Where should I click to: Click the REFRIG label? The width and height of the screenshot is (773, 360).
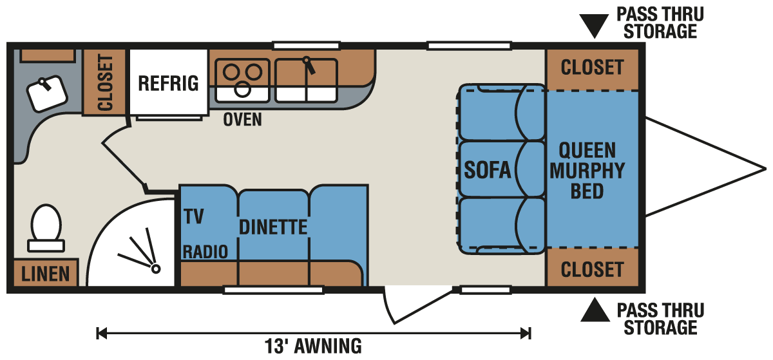168,84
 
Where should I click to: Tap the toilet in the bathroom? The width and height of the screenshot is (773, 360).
46,228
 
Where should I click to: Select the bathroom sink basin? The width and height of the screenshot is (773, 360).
47,93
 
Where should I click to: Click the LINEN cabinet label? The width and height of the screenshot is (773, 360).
45,274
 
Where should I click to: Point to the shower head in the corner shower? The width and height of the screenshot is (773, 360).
156,269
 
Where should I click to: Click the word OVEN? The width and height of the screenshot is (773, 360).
242,120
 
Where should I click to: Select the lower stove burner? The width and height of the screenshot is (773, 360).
242,90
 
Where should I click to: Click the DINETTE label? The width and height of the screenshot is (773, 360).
273,227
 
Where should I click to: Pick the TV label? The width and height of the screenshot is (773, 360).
194,216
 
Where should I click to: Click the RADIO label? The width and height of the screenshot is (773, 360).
205,252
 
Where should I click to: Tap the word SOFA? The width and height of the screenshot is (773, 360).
487,170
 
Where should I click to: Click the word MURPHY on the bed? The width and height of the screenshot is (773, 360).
587,171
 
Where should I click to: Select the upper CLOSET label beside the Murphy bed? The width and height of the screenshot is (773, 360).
592,68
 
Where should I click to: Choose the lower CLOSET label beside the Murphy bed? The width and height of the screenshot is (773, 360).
592,270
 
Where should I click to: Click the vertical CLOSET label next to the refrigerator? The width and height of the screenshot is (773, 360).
105,82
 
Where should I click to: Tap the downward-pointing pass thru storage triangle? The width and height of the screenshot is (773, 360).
594,24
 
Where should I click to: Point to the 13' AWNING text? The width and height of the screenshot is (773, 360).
313,346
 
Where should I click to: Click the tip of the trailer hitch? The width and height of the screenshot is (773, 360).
766,169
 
